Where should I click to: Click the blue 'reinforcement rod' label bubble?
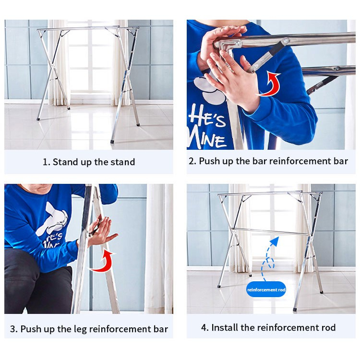point(266,289)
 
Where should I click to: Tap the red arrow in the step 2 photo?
point(270,84)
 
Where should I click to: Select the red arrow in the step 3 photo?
point(103,261)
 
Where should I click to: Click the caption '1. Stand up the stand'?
point(89,162)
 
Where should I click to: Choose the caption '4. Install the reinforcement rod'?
point(268,328)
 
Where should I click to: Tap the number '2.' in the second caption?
point(192,161)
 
